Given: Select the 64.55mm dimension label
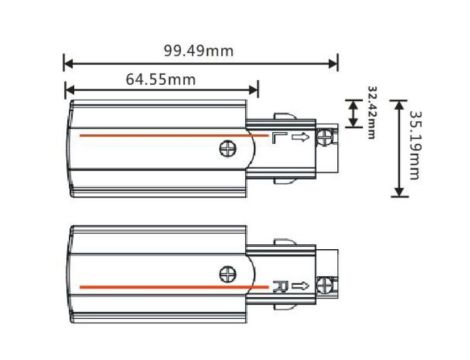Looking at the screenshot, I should [x=160, y=78].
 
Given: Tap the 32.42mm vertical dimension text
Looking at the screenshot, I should [x=372, y=113].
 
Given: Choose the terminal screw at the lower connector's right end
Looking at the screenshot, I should [x=328, y=286].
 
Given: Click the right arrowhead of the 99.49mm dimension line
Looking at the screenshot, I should [x=334, y=62].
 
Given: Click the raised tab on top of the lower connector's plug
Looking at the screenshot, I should [x=283, y=241].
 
